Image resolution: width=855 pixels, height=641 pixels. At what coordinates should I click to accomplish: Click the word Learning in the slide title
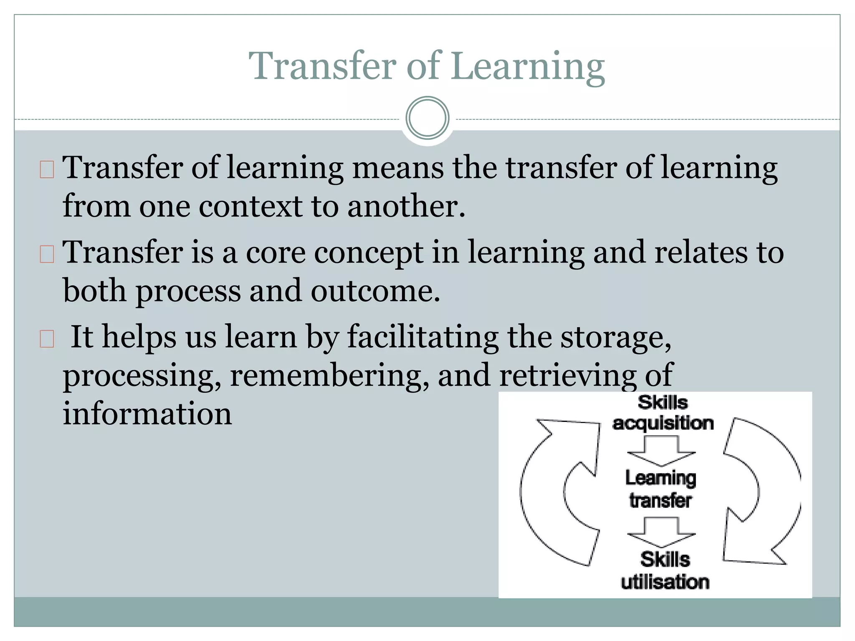click(528, 67)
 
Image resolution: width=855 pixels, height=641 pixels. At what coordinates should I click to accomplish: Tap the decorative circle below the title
click(427, 118)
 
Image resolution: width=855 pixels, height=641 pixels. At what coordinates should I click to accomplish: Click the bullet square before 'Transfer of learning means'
click(47, 169)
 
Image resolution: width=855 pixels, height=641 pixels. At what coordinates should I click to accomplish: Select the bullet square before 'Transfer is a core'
click(47, 254)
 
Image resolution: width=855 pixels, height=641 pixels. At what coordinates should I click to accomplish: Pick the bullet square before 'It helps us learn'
click(47, 339)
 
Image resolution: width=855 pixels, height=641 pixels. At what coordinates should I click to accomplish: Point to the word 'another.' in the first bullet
click(406, 206)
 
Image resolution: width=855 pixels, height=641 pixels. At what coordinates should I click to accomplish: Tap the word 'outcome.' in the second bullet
click(375, 291)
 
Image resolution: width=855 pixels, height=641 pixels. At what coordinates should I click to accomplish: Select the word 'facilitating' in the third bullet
click(423, 337)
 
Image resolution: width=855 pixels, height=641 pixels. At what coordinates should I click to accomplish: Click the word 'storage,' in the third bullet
click(616, 337)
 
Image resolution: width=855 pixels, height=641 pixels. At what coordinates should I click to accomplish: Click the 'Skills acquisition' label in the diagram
click(663, 413)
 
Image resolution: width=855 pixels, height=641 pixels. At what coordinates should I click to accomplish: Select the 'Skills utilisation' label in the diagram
click(665, 570)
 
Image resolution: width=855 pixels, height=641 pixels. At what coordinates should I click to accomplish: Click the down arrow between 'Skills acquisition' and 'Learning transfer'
click(661, 451)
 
